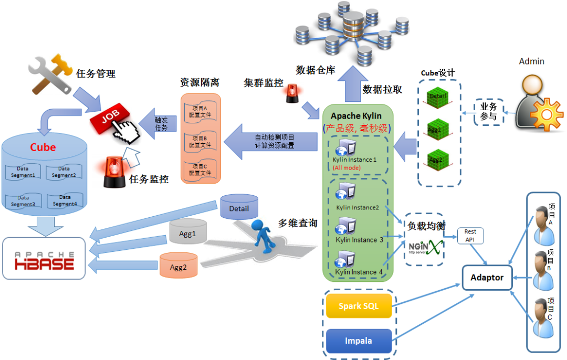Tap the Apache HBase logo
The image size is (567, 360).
tap(44, 258)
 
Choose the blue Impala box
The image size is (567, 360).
tap(359, 341)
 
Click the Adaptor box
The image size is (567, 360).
tap(487, 277)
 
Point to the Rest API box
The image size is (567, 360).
tap(470, 236)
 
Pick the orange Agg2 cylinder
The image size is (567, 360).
tap(178, 266)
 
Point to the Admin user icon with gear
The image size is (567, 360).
tap(531, 100)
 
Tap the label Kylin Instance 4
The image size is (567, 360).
tap(355, 272)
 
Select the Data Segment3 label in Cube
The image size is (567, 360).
tap(23, 202)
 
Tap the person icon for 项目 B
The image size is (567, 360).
tap(541, 270)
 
